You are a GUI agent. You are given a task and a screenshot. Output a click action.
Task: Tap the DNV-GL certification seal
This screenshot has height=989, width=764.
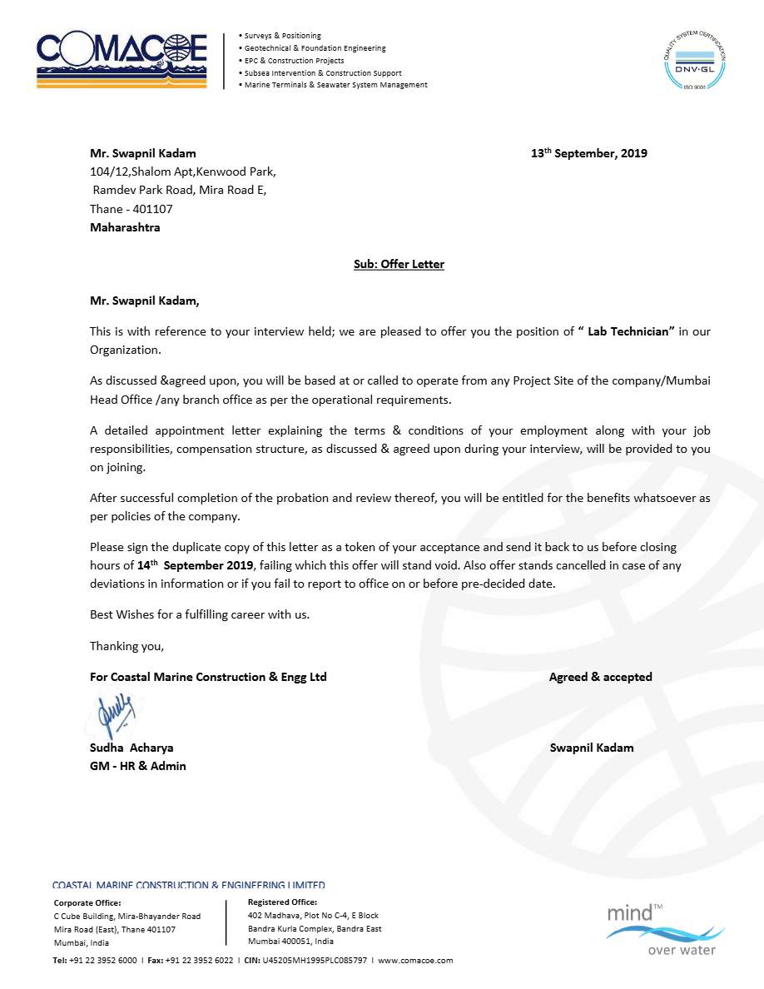coord(693,59)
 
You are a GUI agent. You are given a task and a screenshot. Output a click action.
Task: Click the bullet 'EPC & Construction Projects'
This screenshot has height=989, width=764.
coord(294,61)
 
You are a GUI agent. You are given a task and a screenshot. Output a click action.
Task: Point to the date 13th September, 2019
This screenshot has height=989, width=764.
coord(589,153)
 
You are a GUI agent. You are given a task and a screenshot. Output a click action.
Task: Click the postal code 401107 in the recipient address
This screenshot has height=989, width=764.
coord(152,209)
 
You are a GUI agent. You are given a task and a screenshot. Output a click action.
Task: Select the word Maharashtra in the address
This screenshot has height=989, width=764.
coord(125,227)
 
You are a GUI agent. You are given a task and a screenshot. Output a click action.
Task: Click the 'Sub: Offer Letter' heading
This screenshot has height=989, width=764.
coord(399,264)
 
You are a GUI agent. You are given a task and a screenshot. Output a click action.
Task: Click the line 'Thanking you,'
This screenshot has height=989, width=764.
coord(127,646)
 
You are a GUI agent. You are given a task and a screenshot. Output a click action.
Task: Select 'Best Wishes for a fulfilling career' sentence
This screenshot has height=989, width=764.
coord(200,614)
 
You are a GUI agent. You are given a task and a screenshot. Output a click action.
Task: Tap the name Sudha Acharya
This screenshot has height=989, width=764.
coord(131,748)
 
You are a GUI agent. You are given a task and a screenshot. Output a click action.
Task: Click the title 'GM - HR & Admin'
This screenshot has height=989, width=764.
coord(138,766)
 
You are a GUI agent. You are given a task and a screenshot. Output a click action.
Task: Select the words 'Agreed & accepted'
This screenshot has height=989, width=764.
coord(600,677)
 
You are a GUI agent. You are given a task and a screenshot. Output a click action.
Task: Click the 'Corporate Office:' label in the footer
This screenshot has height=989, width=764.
coord(87,902)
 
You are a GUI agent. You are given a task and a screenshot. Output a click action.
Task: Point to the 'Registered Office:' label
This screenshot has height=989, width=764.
coord(282,902)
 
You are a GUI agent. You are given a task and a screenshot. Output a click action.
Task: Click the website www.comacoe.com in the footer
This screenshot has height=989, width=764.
coord(415,960)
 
